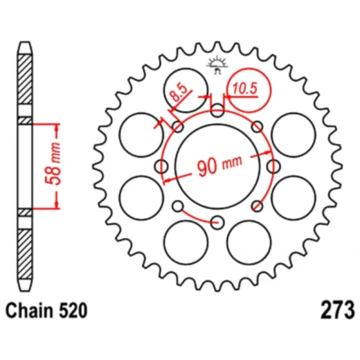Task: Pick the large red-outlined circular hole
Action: click(x=247, y=92)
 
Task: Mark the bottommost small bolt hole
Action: click(x=217, y=222)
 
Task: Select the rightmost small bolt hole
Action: click(x=273, y=166)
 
